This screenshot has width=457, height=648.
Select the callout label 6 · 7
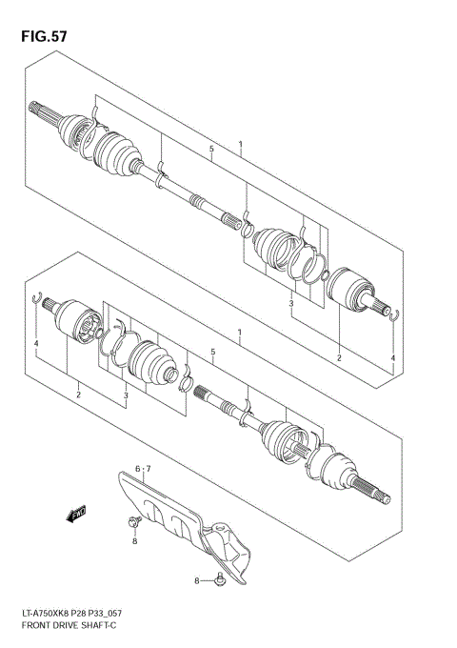[x=143, y=469]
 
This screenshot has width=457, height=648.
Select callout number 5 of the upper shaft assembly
[x=210, y=150]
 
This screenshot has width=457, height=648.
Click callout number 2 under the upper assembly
[x=339, y=357]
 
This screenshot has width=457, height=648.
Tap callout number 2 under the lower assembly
[x=78, y=394]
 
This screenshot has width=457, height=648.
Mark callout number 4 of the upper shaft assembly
[x=391, y=357]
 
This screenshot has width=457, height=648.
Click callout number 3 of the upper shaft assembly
[x=290, y=303]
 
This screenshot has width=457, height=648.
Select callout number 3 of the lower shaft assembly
[x=125, y=394]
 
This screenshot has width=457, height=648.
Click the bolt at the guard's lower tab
[x=220, y=578]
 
